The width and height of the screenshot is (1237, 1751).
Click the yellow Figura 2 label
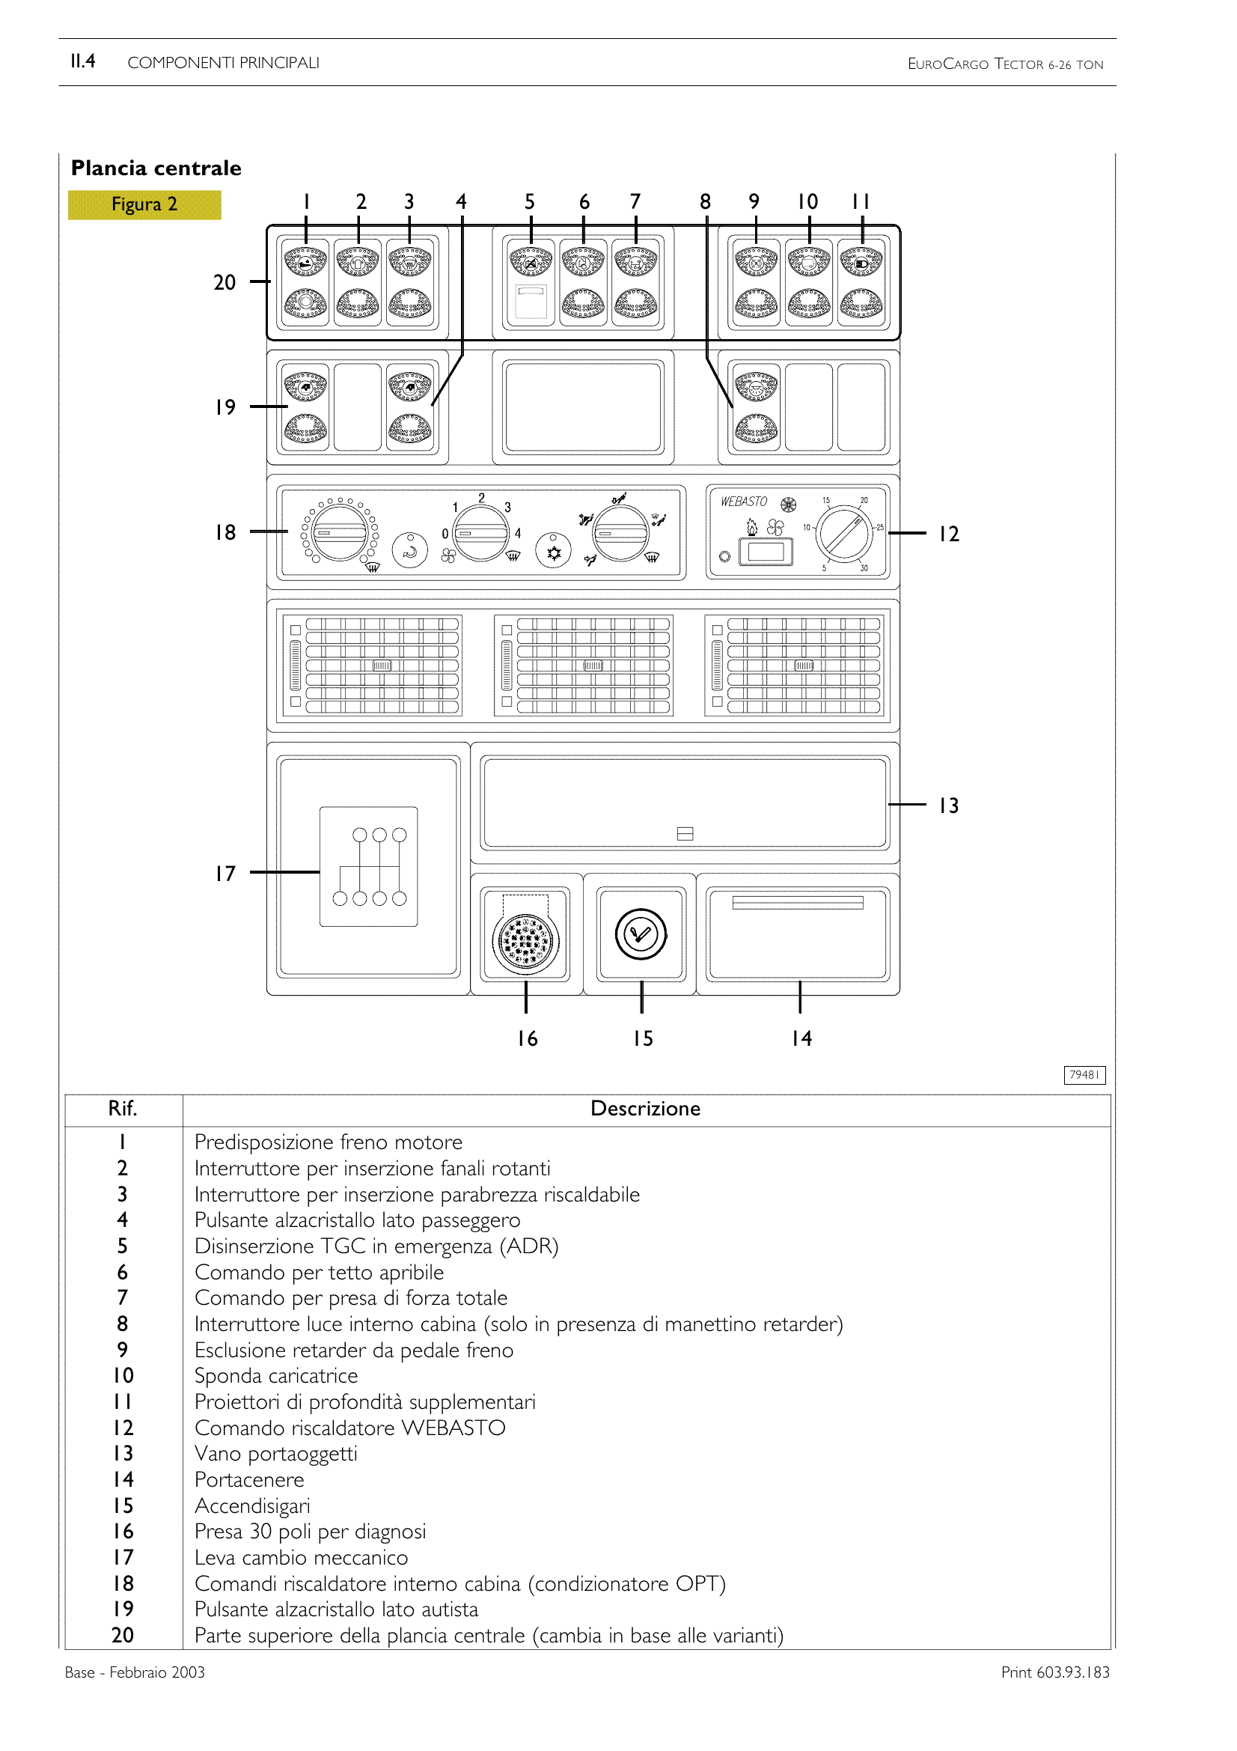tap(144, 204)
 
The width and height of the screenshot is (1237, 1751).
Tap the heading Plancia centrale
tap(156, 168)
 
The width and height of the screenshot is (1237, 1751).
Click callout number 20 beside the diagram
tap(224, 283)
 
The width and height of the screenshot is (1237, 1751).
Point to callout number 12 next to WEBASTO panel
tap(948, 534)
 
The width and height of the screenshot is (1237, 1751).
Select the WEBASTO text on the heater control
tap(744, 502)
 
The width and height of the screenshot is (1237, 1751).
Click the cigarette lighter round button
tap(641, 934)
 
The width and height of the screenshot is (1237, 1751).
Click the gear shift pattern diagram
tap(369, 866)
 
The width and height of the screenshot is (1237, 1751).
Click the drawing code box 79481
tap(1084, 1075)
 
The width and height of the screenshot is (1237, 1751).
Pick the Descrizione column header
tap(645, 1109)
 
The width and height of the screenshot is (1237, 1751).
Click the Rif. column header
tap(123, 1109)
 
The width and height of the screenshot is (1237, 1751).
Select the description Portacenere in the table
tap(249, 1480)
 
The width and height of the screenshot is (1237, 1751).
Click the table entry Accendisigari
tap(252, 1506)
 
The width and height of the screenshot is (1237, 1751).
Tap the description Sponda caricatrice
tap(276, 1377)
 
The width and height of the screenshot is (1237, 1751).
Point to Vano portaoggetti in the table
tap(276, 1455)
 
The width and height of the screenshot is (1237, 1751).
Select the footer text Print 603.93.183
tap(1055, 1672)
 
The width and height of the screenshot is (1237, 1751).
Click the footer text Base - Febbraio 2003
tap(135, 1672)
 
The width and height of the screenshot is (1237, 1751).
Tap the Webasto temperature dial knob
tap(844, 533)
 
